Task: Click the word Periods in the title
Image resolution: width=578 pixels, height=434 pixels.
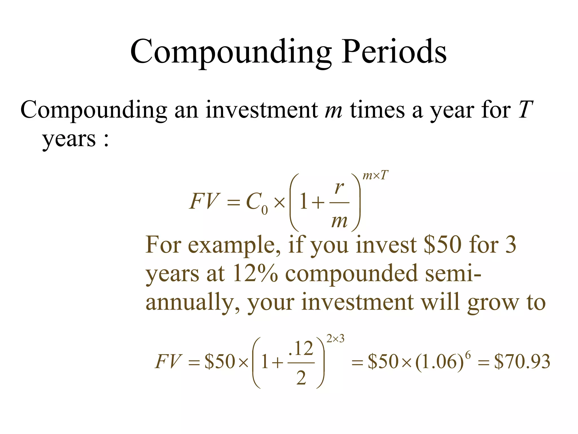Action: (394, 52)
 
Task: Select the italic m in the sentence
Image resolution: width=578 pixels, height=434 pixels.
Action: (333, 110)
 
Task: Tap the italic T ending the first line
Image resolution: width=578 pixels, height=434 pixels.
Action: (526, 110)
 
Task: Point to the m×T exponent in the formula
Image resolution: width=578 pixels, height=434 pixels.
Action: (375, 176)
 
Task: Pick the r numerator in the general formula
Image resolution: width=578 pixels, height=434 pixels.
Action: (339, 188)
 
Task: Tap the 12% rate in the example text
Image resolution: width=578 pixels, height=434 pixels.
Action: (255, 274)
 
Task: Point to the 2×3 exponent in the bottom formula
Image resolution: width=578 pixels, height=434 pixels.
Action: (335, 338)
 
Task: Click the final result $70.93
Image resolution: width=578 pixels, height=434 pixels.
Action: (522, 362)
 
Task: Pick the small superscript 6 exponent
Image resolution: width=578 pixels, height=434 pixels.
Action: (468, 355)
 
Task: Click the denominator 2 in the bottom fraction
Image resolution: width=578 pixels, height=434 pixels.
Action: (301, 378)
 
